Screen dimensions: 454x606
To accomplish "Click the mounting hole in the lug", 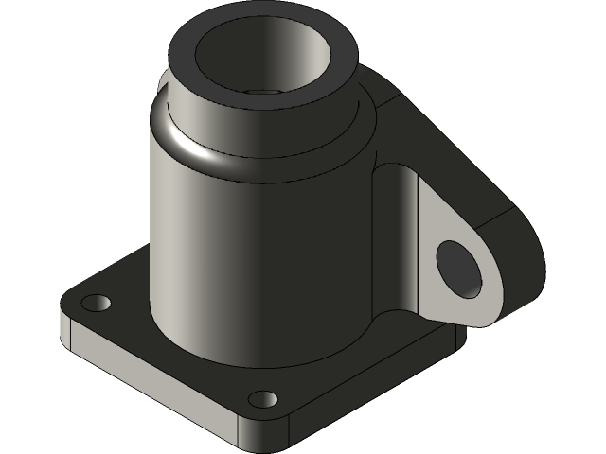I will coord(459,267).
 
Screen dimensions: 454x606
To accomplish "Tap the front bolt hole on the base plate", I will coord(263,399).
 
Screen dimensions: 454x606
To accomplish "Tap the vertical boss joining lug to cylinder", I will coord(393,236).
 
